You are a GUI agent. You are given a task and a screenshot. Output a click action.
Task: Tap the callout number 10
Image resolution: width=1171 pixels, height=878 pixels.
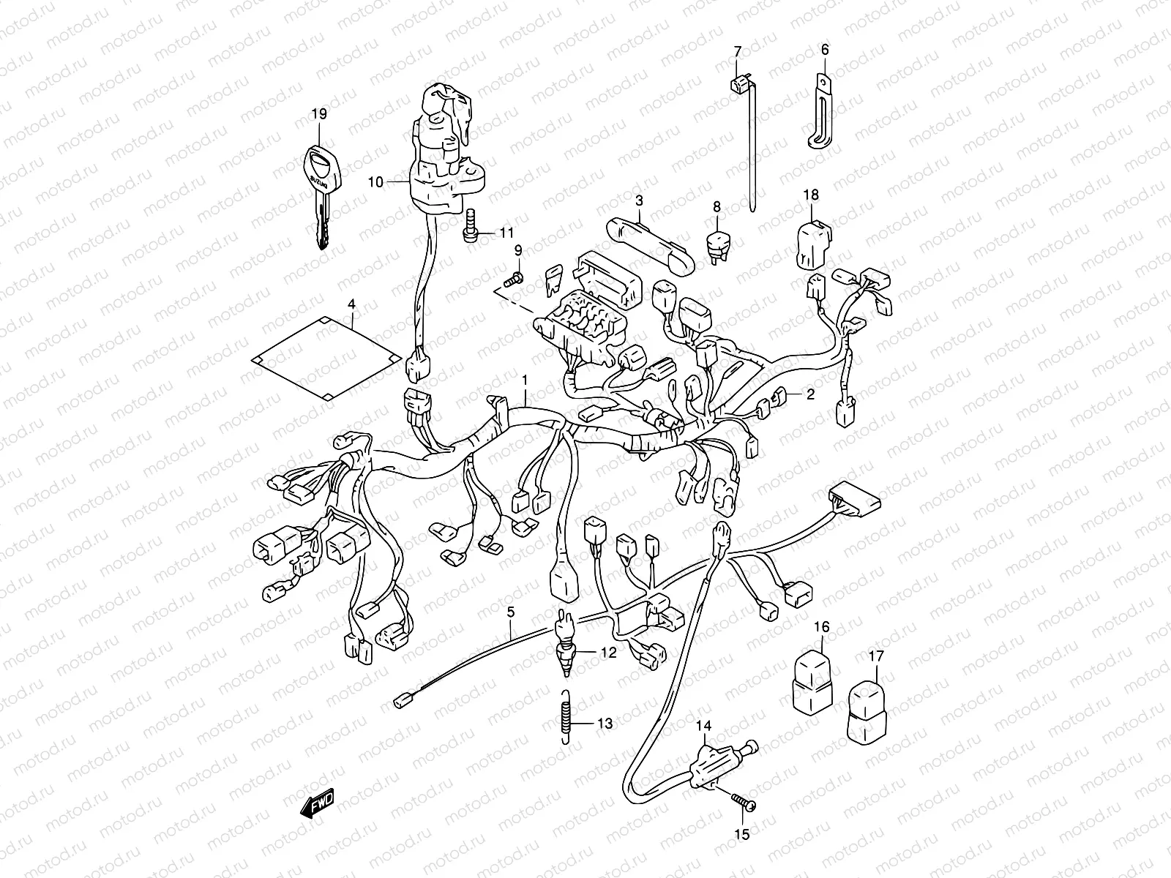(375, 181)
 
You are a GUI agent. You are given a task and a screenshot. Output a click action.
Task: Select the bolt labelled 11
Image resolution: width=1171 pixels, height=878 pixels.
(471, 228)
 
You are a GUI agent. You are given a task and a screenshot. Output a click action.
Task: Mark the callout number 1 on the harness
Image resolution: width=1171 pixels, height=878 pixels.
(525, 379)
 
